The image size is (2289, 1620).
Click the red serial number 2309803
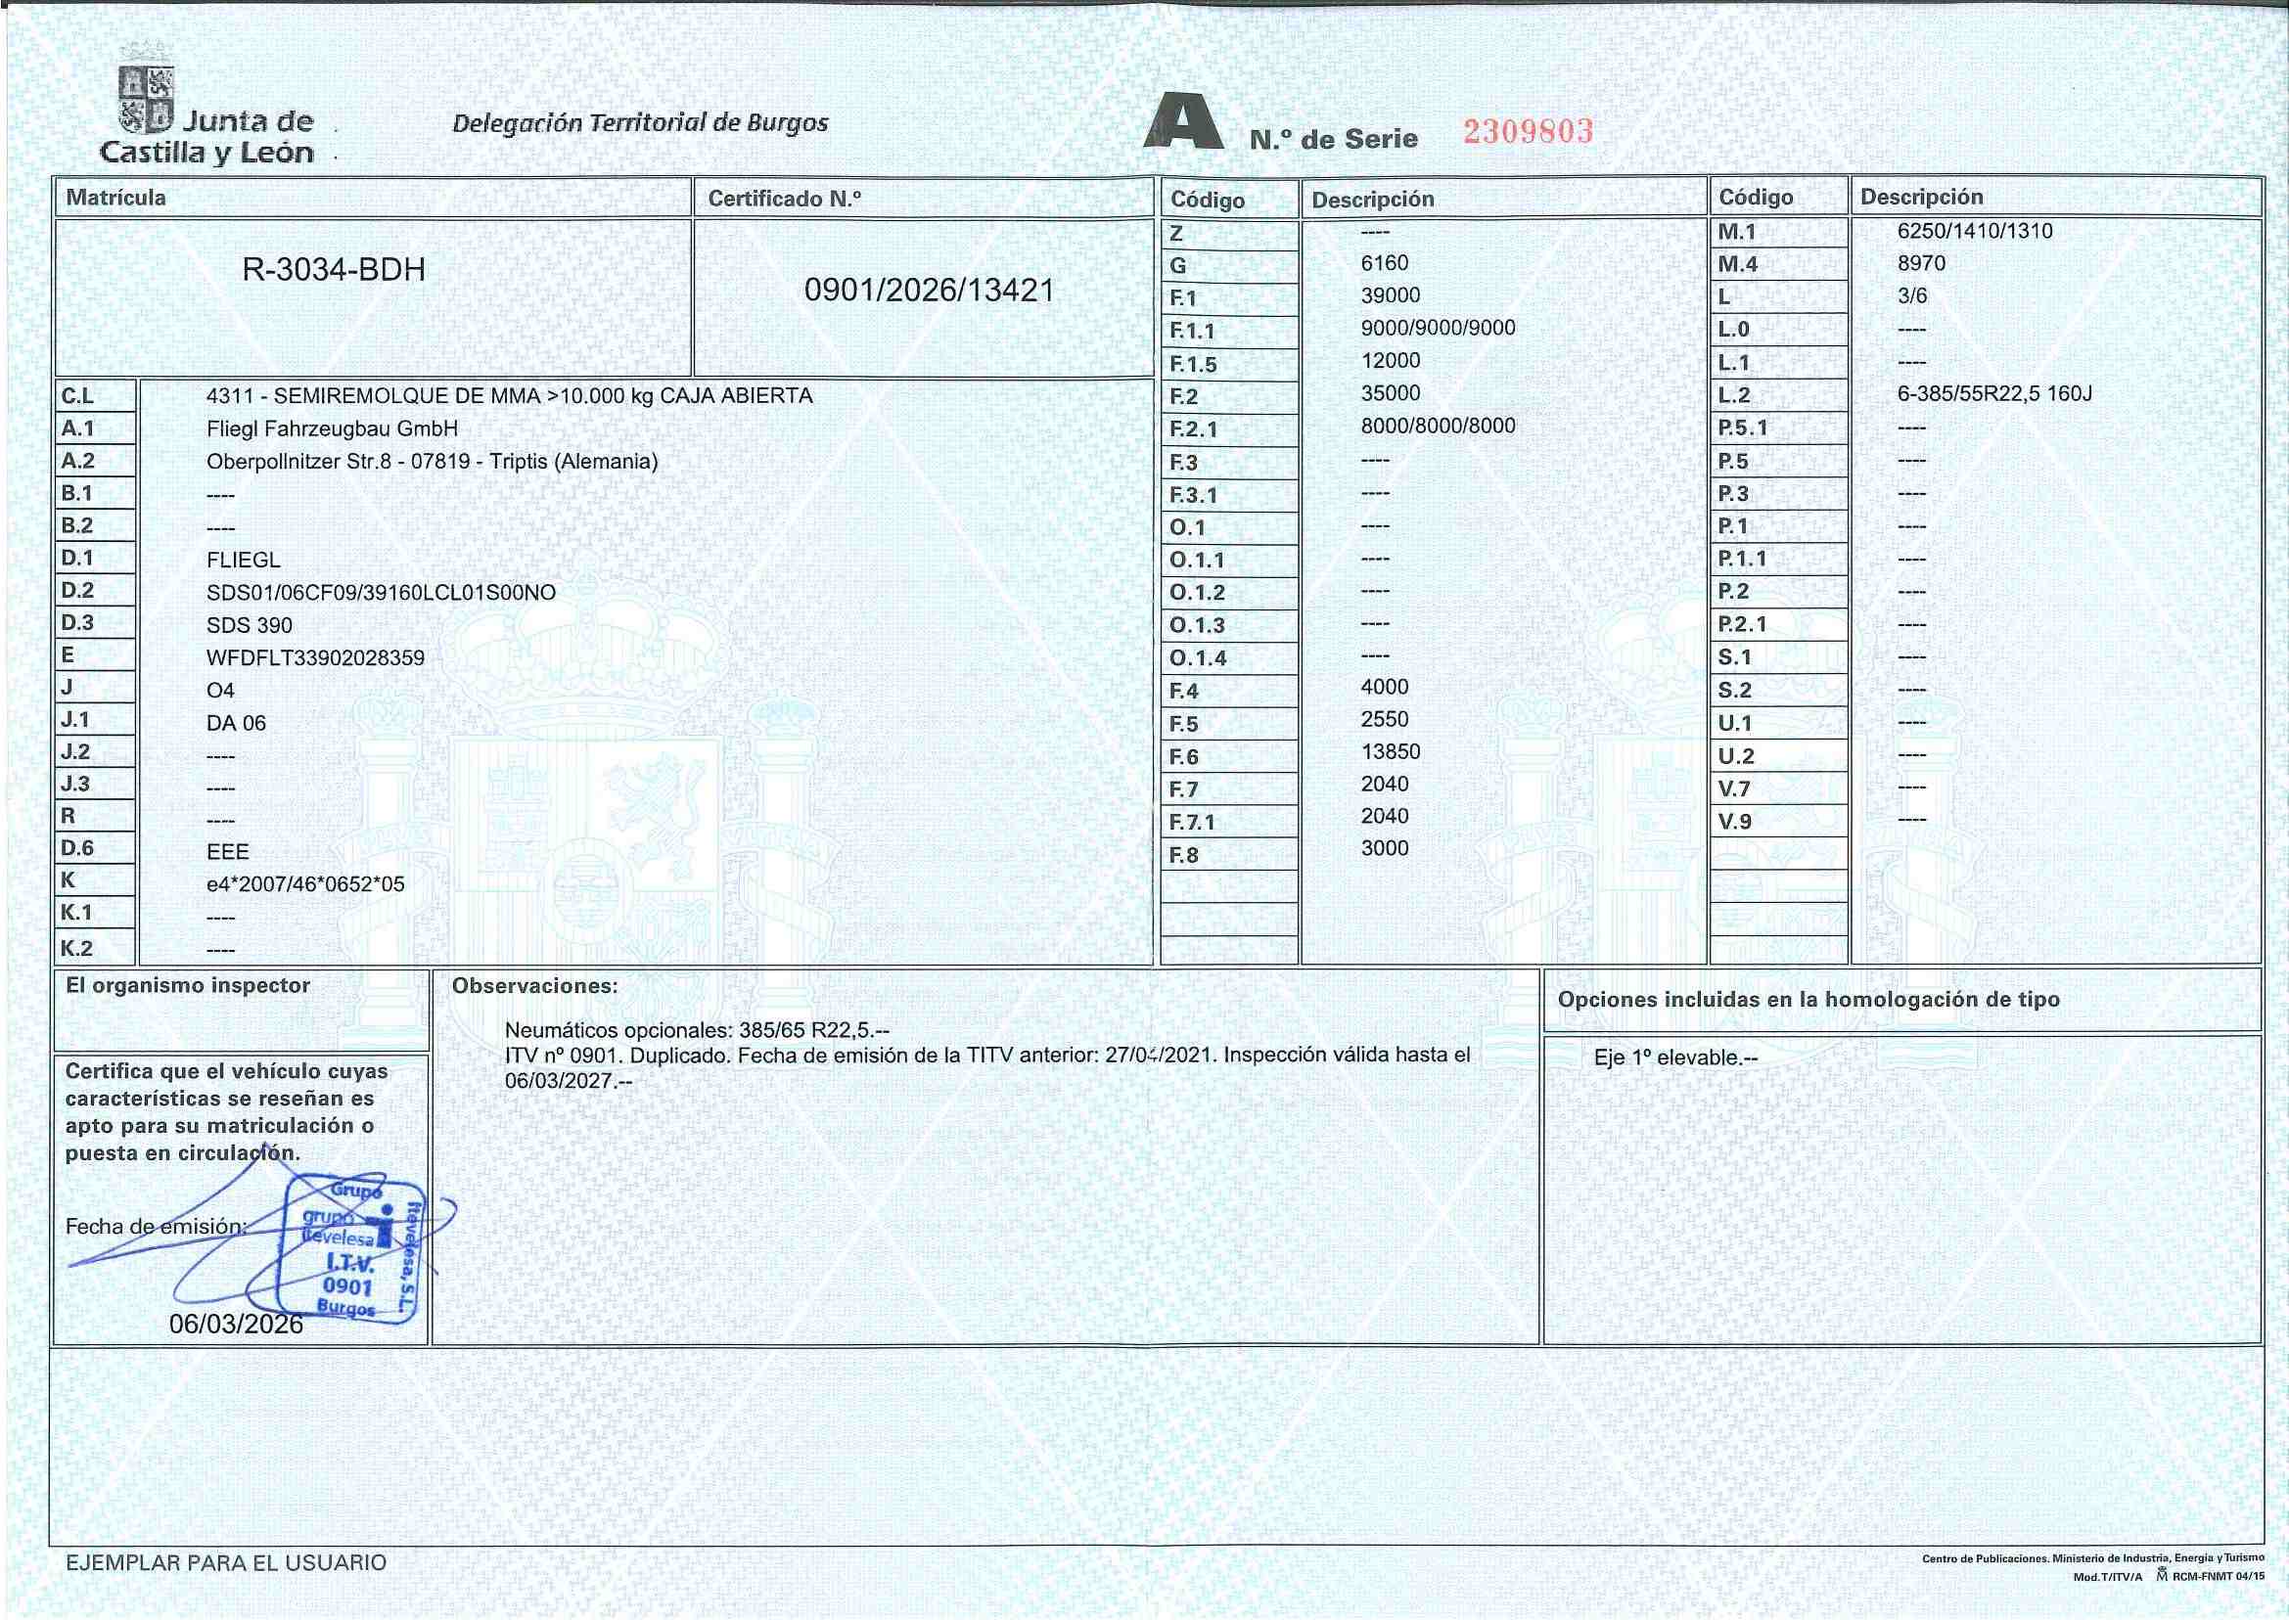pos(1528,132)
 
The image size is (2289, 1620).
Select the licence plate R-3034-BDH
pos(334,270)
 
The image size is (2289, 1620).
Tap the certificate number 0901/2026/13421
pos(929,291)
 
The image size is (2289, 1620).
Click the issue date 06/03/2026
pos(236,1324)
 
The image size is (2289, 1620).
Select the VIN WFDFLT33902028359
pos(315,658)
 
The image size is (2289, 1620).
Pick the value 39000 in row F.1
pos(1390,296)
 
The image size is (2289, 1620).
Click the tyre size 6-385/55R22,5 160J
pos(1993,394)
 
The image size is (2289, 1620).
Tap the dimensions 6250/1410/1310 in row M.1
pos(1975,232)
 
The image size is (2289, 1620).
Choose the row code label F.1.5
pos(1192,364)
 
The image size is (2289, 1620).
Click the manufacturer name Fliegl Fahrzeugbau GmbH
pos(333,428)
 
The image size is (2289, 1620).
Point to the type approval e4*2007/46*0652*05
pos(305,884)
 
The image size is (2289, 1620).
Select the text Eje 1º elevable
pos(1674,1057)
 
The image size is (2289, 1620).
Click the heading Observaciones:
pos(535,986)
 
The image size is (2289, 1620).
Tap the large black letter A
pos(1183,121)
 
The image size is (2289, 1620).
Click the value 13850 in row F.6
pos(1390,752)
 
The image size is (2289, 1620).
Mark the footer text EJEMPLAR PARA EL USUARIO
pos(225,1563)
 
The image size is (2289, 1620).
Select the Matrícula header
pos(115,198)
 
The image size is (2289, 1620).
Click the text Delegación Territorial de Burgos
pos(640,123)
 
